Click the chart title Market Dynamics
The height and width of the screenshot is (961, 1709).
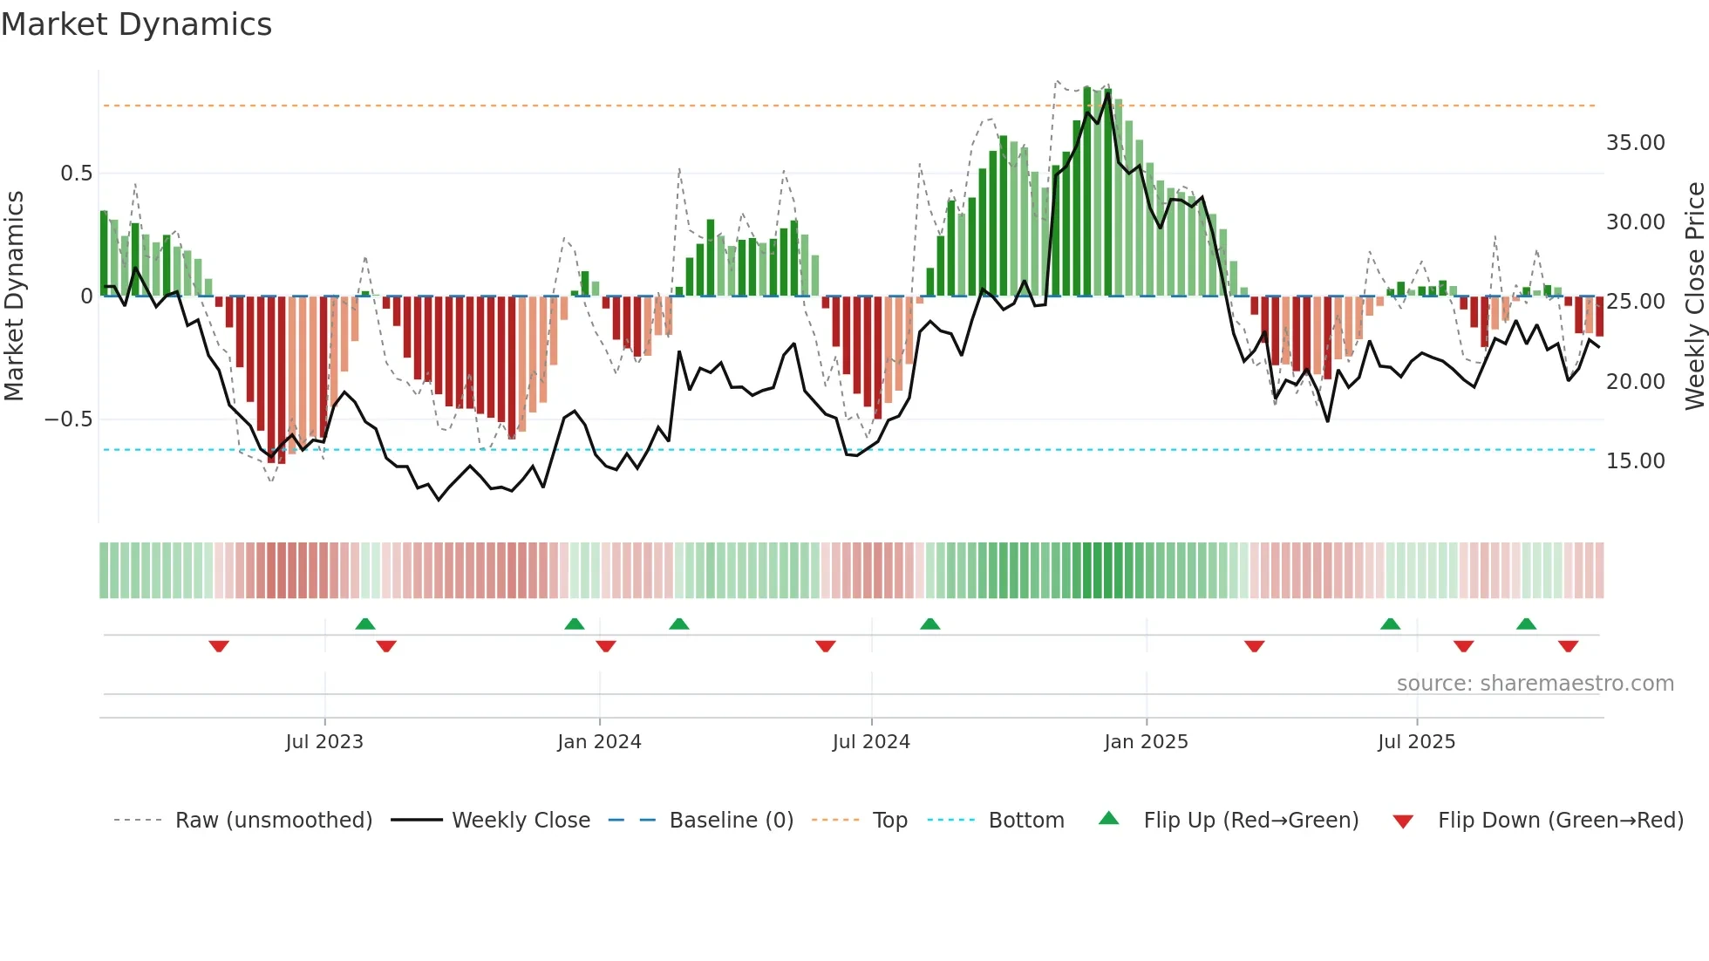click(x=136, y=24)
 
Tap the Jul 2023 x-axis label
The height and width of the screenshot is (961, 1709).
click(x=324, y=742)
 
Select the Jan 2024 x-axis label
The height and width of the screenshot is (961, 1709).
click(x=599, y=742)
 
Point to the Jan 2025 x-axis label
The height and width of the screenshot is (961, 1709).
click(x=1146, y=742)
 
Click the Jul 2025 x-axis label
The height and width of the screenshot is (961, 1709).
click(x=1416, y=742)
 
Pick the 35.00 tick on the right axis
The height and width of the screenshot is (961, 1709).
click(x=1635, y=143)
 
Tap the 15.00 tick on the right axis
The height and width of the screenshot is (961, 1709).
click(x=1635, y=461)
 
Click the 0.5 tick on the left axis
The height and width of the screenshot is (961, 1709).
click(x=76, y=174)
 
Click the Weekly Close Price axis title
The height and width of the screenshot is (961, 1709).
click(x=1694, y=296)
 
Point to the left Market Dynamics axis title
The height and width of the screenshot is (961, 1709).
click(x=14, y=296)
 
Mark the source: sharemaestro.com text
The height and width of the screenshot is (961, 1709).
click(x=1535, y=684)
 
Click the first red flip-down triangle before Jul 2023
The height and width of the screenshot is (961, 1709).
click(x=219, y=646)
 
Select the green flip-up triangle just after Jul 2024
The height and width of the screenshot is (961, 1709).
click(x=930, y=624)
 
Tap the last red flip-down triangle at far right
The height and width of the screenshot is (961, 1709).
click(x=1568, y=646)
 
